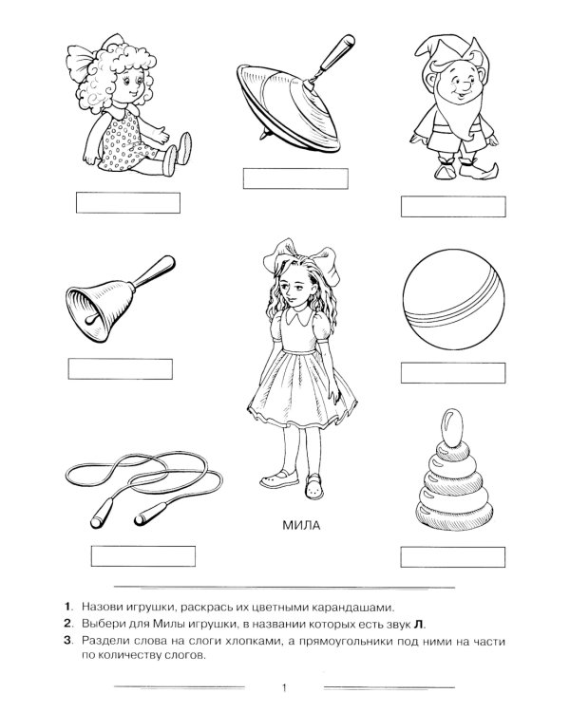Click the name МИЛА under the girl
click(x=301, y=525)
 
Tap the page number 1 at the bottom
click(x=285, y=688)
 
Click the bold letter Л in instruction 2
click(x=418, y=624)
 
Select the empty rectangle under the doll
click(x=128, y=202)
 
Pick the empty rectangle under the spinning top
click(x=295, y=178)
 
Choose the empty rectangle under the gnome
click(x=453, y=207)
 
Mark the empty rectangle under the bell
click(x=121, y=368)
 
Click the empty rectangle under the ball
click(x=453, y=373)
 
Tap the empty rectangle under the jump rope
click(x=143, y=555)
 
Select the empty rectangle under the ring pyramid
click(x=453, y=556)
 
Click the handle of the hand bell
click(x=154, y=272)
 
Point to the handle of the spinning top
click(x=334, y=54)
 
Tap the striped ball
click(x=454, y=299)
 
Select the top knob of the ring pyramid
click(x=452, y=427)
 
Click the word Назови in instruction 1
click(x=102, y=607)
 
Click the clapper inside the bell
click(x=94, y=317)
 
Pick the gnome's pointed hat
click(x=447, y=52)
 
